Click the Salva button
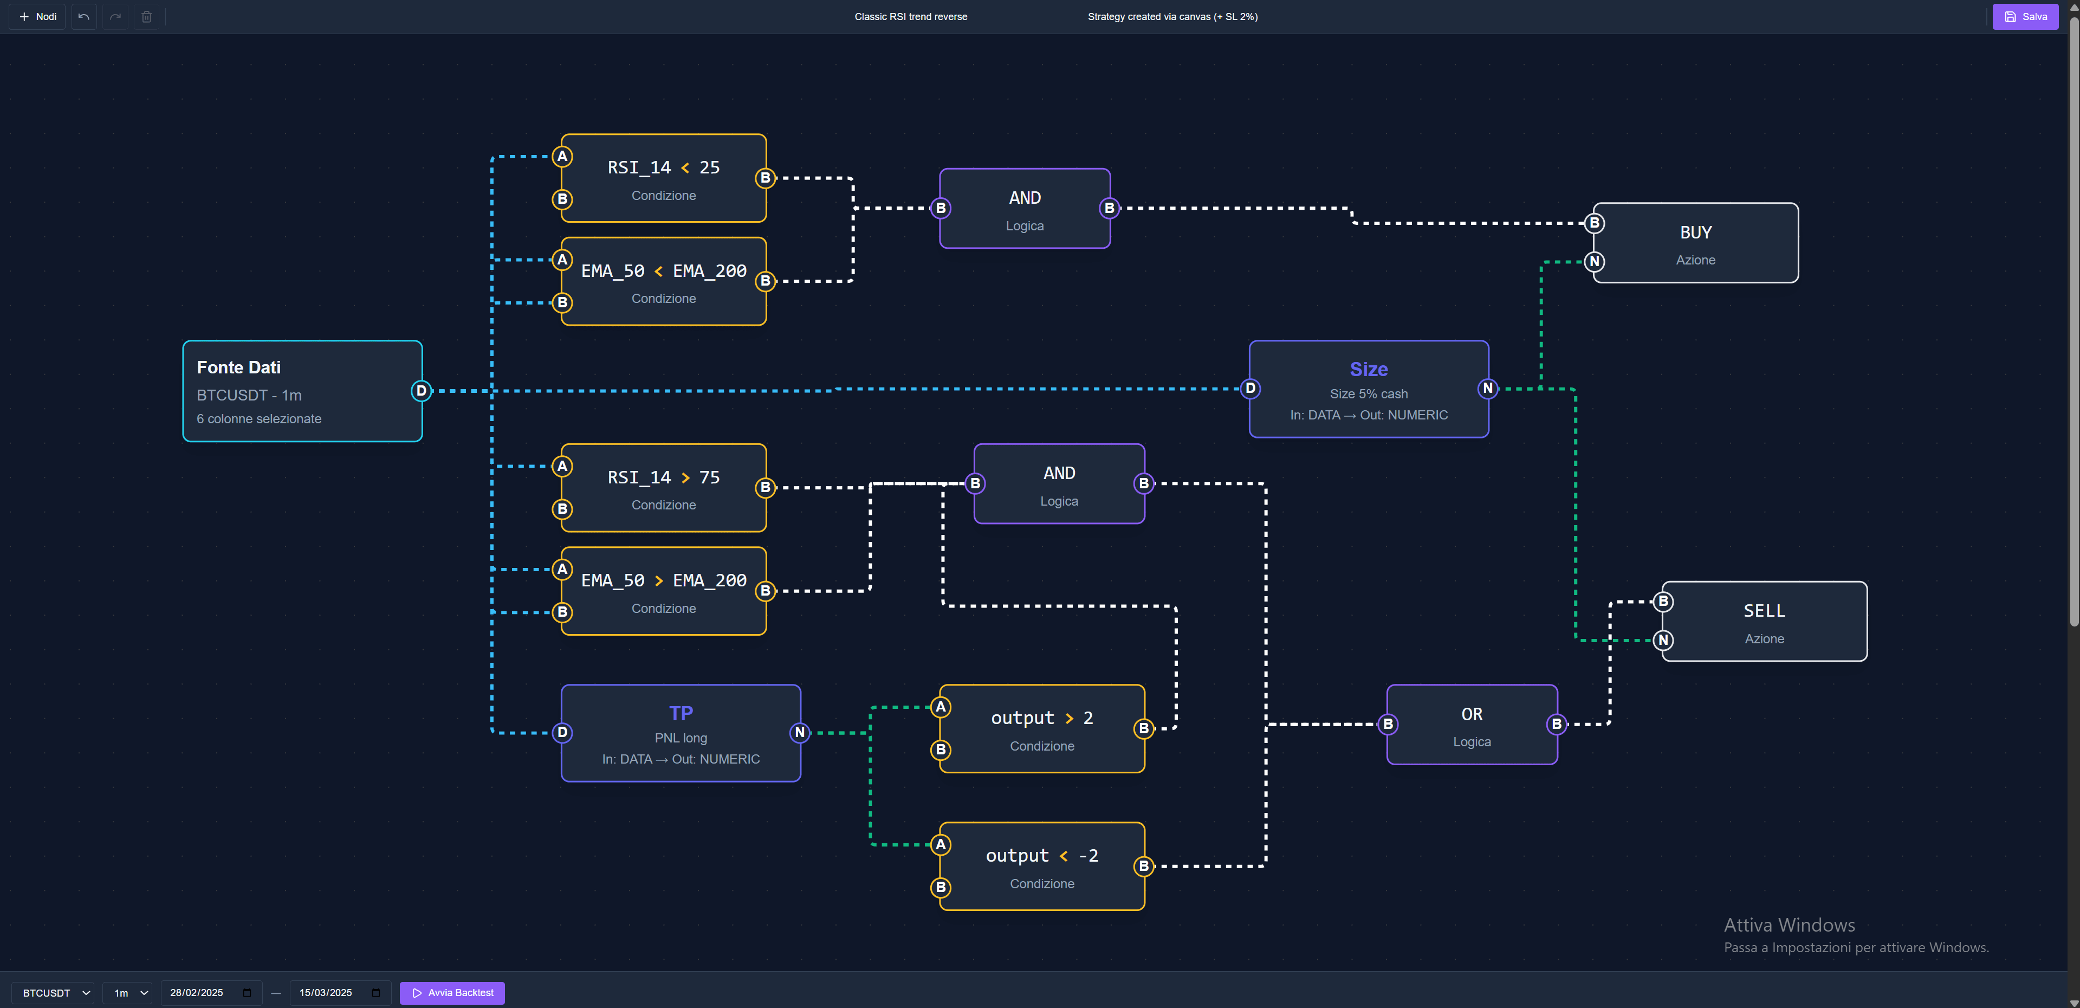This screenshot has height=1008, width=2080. (2025, 16)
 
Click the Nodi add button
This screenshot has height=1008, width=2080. (38, 16)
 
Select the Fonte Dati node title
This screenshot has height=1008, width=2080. (238, 367)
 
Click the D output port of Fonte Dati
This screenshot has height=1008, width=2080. (420, 391)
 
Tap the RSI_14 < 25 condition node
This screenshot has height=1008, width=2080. (663, 178)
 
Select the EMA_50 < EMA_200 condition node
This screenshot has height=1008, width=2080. (663, 281)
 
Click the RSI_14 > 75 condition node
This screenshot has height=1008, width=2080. (663, 488)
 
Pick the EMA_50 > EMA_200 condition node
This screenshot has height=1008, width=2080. (663, 591)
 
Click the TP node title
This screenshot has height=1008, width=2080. (680, 713)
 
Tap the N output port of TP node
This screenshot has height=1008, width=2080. (799, 733)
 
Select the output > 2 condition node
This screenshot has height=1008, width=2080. (1041, 728)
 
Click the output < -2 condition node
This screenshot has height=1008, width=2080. (1041, 866)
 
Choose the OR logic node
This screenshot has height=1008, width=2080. (1471, 725)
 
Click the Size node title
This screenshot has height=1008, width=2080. (1368, 369)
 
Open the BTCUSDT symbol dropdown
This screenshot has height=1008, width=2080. (53, 993)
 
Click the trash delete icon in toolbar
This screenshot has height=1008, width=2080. (147, 16)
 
